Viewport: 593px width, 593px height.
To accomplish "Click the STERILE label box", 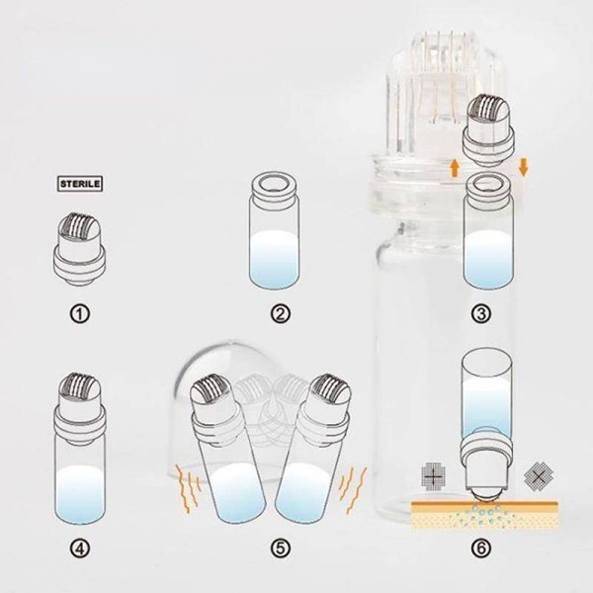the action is click(x=80, y=184).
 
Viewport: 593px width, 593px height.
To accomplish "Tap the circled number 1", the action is click(x=80, y=314).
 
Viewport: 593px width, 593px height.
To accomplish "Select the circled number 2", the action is click(x=281, y=314).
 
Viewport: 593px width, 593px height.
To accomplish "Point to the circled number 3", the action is click(x=481, y=314).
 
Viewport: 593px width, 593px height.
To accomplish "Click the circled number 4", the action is click(x=80, y=548).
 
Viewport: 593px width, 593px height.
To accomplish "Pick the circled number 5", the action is click(x=281, y=548).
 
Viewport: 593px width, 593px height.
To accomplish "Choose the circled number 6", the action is click(x=481, y=548).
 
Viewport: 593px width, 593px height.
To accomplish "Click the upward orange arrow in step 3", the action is click(x=455, y=168).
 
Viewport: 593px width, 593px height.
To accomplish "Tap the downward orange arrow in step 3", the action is click(x=524, y=167).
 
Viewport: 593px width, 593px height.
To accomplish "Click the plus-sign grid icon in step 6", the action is click(x=434, y=477).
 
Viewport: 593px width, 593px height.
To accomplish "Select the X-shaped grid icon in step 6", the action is click(x=539, y=475).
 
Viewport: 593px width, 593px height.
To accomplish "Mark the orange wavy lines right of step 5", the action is click(x=353, y=490).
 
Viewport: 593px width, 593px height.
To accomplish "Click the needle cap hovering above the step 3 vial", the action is click(x=490, y=129).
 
